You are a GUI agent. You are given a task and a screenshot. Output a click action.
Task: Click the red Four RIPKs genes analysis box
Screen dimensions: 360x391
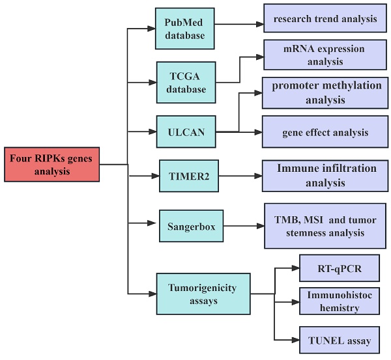[51, 164]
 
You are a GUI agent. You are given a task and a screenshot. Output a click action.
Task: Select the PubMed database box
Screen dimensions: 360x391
[184, 28]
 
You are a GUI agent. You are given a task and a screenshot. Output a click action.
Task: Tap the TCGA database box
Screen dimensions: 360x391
[184, 81]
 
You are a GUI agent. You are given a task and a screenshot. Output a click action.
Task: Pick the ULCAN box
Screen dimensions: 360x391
[186, 132]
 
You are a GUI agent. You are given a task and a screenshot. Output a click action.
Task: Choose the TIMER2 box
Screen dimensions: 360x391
[187, 175]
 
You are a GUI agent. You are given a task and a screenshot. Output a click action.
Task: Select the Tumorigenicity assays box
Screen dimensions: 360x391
[203, 294]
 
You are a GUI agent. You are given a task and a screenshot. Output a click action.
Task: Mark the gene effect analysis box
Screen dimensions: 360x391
[325, 132]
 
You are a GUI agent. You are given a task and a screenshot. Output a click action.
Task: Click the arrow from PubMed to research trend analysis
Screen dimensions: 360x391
[239, 24]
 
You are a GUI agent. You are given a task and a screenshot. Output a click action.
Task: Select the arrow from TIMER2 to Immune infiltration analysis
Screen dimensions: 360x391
[239, 175]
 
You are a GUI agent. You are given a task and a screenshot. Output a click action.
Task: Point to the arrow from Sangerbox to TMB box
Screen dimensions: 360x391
[239, 227]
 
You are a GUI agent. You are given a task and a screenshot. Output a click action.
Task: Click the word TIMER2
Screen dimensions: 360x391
[187, 175]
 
